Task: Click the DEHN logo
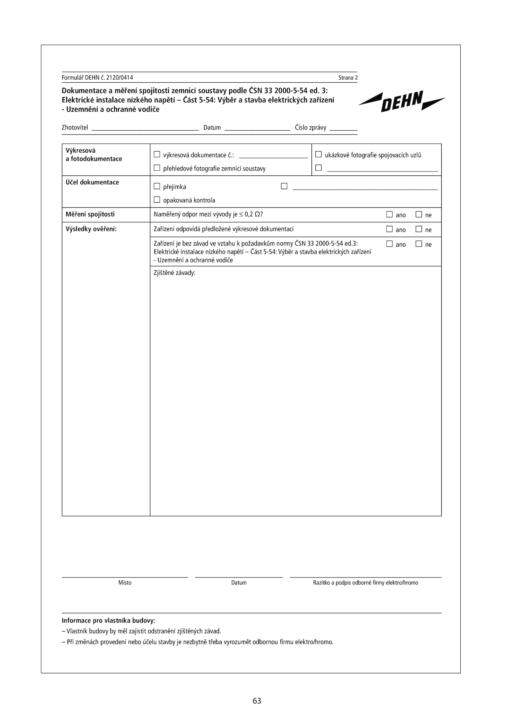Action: coord(402,101)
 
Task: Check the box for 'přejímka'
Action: coord(157,186)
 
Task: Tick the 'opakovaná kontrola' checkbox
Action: coord(157,200)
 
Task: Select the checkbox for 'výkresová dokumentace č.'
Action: coord(157,154)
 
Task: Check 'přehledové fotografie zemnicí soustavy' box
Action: coord(157,168)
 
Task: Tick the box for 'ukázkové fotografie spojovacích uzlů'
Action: coord(318,154)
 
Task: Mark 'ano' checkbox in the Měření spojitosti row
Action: coord(389,214)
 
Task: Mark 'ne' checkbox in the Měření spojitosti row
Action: coord(419,214)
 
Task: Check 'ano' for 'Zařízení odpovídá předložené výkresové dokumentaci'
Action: coord(389,229)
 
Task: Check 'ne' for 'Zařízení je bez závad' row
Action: coord(419,244)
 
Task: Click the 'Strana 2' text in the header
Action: coord(348,78)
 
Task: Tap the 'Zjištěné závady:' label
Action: coord(174,273)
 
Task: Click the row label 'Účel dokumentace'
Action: coord(92,182)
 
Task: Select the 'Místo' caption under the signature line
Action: coord(125,583)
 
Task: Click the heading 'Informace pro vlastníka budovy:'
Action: coord(108,620)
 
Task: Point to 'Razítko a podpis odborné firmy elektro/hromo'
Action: coord(366,583)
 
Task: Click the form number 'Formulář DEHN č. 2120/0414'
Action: coord(97,78)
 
